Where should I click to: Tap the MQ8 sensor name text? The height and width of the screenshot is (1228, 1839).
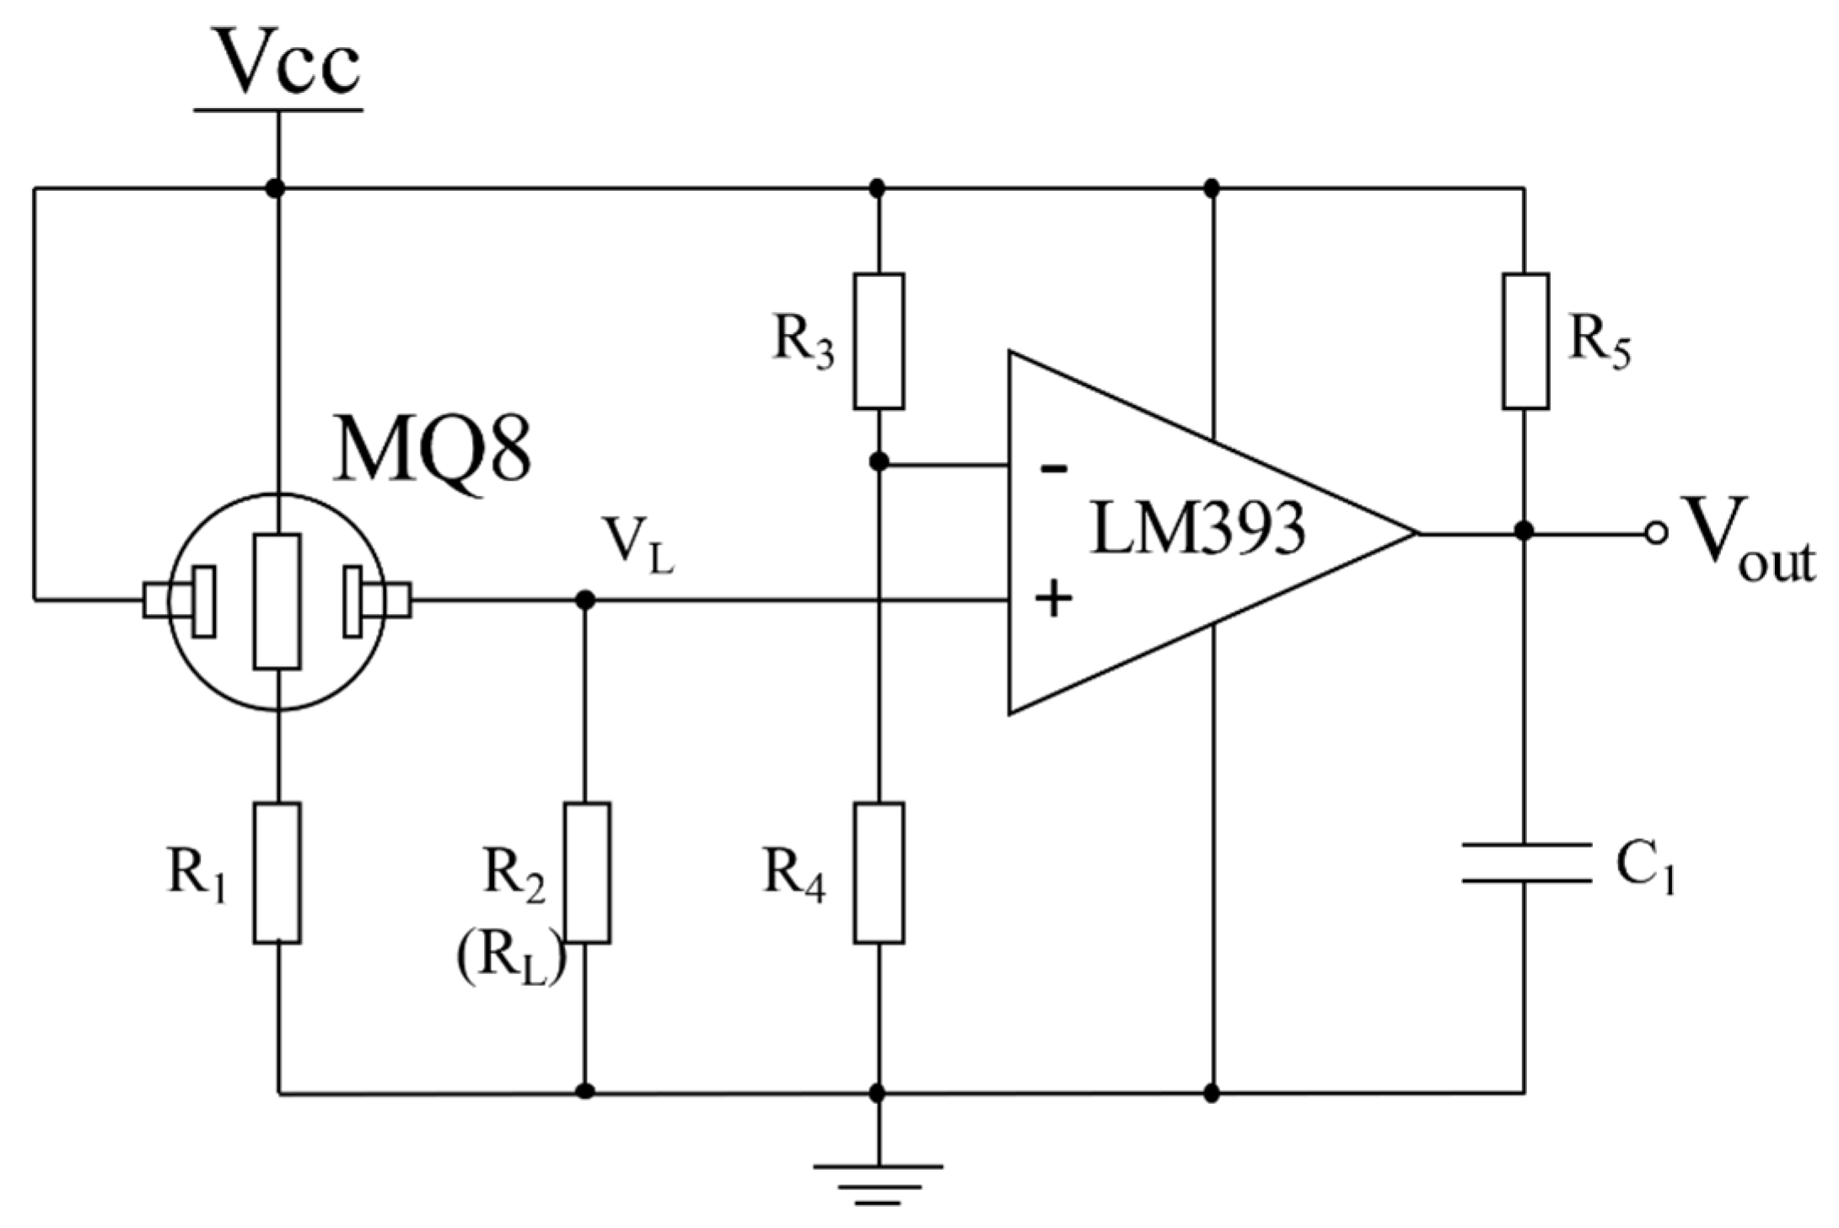pyautogui.click(x=433, y=449)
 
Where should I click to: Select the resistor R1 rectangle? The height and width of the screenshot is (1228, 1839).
pyautogui.click(x=277, y=872)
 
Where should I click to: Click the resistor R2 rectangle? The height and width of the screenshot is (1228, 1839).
pyautogui.click(x=587, y=872)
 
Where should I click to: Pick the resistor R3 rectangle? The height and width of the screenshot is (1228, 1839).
pyautogui.click(x=879, y=341)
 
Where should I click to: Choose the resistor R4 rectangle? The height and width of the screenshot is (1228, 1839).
pyautogui.click(x=879, y=872)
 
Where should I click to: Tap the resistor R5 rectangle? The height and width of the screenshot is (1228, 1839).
pyautogui.click(x=1524, y=341)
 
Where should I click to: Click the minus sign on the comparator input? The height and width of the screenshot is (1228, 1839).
pyautogui.click(x=1052, y=469)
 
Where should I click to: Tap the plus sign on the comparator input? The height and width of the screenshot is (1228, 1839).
pyautogui.click(x=1052, y=600)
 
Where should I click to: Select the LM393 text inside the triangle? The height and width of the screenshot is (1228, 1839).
pyautogui.click(x=1197, y=530)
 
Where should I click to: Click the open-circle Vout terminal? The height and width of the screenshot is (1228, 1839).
pyautogui.click(x=1656, y=533)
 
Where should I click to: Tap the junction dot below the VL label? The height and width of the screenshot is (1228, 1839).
pyautogui.click(x=585, y=601)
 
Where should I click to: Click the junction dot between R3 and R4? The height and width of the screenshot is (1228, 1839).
pyautogui.click(x=879, y=462)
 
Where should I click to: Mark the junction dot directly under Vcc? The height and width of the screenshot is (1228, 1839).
pyautogui.click(x=275, y=187)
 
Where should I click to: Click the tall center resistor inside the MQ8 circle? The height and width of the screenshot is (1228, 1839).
pyautogui.click(x=277, y=601)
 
